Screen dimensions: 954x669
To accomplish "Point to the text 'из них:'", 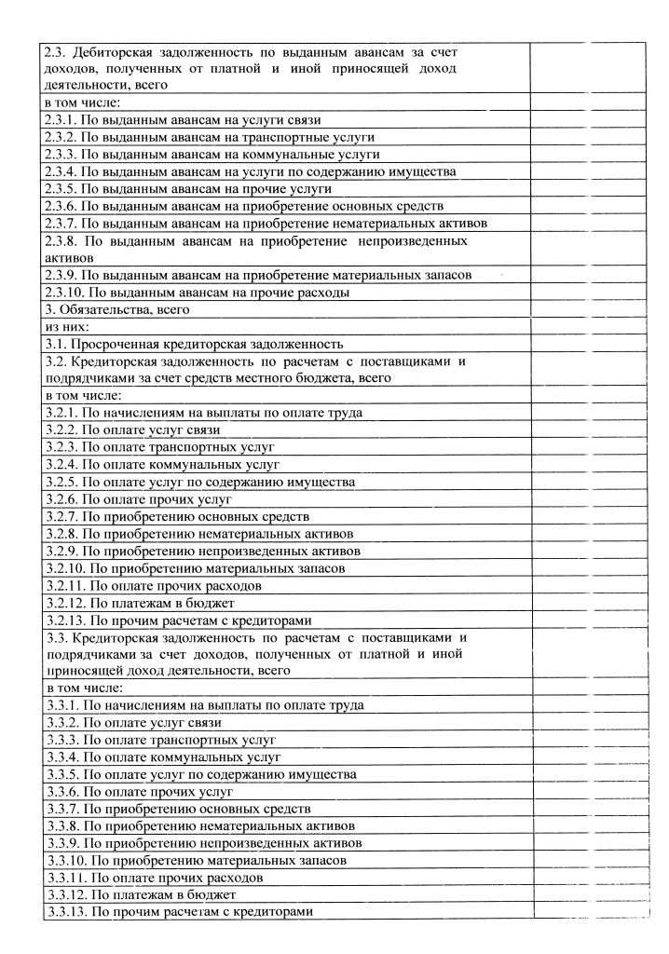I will [x=67, y=327].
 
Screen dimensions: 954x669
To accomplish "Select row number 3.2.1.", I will [x=61, y=413].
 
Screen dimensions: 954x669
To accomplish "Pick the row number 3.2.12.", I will [x=64, y=603].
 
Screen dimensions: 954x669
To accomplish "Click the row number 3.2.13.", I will [x=64, y=620].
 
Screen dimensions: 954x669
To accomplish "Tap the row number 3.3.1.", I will [x=61, y=705].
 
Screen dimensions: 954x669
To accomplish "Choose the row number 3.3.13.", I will [x=64, y=910].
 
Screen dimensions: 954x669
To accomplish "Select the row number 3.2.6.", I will [x=61, y=499].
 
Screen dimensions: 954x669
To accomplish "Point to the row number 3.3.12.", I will [x=64, y=894].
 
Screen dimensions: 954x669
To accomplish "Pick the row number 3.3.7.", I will [x=61, y=809].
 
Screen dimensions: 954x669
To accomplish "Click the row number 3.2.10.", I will [x=64, y=568].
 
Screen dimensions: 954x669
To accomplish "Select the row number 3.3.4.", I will [x=61, y=757].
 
